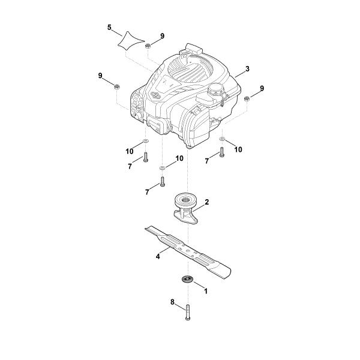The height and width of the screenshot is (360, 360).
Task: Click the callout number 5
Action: pos(109,28)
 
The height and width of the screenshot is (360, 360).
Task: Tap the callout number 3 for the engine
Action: pos(247,68)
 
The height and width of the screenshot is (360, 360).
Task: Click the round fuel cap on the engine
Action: pos(216,89)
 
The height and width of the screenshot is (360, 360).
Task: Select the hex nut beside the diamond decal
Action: pos(148,46)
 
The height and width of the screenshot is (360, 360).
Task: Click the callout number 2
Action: pos(206,202)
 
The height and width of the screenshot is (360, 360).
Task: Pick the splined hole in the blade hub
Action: pos(186,200)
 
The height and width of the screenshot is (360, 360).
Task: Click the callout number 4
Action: pos(158,256)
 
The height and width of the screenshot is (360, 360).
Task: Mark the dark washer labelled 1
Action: pos(188,280)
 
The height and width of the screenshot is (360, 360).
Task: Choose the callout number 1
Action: pos(206,291)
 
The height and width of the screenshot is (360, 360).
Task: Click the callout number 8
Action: pos(173,302)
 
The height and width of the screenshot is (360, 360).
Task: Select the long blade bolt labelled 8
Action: pos(188,312)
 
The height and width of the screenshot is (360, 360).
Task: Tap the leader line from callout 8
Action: pos(181,307)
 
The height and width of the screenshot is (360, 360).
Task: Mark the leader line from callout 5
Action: pos(117,34)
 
